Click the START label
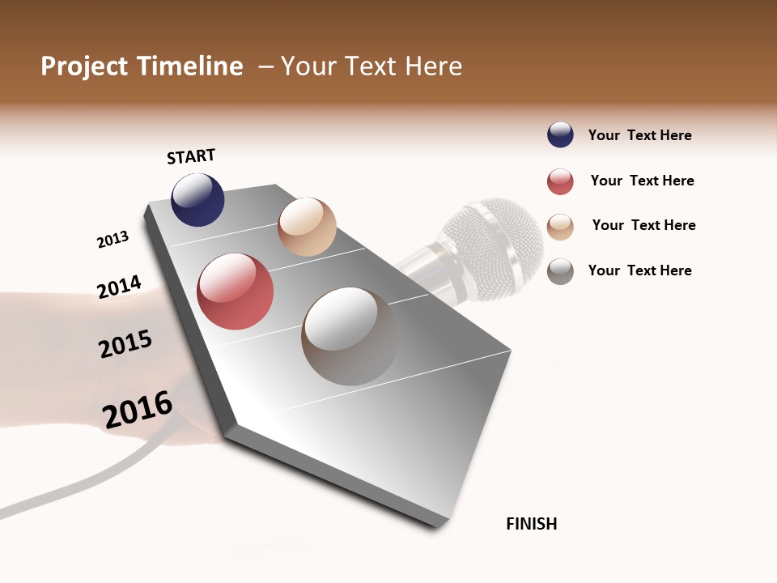pos(191,156)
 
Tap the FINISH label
pos(532,524)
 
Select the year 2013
pos(113,240)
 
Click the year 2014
pos(119,287)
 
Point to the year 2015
pos(125,344)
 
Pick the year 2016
pos(138,410)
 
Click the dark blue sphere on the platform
pos(197,199)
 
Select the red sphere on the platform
pos(236,291)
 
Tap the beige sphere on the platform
pos(307,227)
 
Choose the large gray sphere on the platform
pos(350,336)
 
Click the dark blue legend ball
pos(560,135)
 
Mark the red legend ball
pos(560,181)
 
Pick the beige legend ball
pos(560,227)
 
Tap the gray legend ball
pos(560,271)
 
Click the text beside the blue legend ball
pos(639,136)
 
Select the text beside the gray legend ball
pos(639,270)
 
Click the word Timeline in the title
pos(190,66)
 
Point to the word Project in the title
pos(85,66)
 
